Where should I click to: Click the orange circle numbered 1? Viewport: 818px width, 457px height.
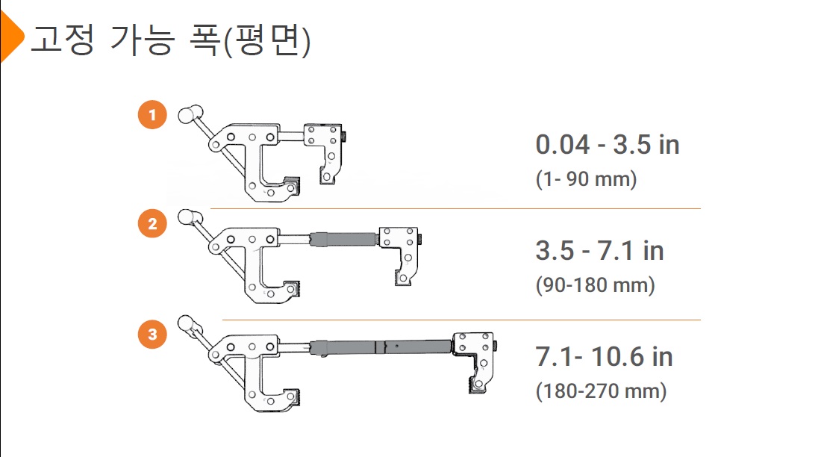(x=152, y=115)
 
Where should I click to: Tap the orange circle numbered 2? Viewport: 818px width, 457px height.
(x=152, y=223)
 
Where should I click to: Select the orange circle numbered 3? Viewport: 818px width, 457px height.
(x=152, y=334)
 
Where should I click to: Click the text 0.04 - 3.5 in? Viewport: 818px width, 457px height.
(x=608, y=145)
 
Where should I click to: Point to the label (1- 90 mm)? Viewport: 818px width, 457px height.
(x=587, y=179)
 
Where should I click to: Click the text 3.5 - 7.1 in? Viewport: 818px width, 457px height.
(x=599, y=250)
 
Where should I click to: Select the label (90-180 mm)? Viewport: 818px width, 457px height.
(x=596, y=285)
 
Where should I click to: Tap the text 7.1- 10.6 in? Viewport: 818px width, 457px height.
(x=604, y=357)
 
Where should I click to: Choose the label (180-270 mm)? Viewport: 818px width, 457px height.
(x=601, y=391)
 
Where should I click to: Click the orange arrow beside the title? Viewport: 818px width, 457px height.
(x=10, y=37)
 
